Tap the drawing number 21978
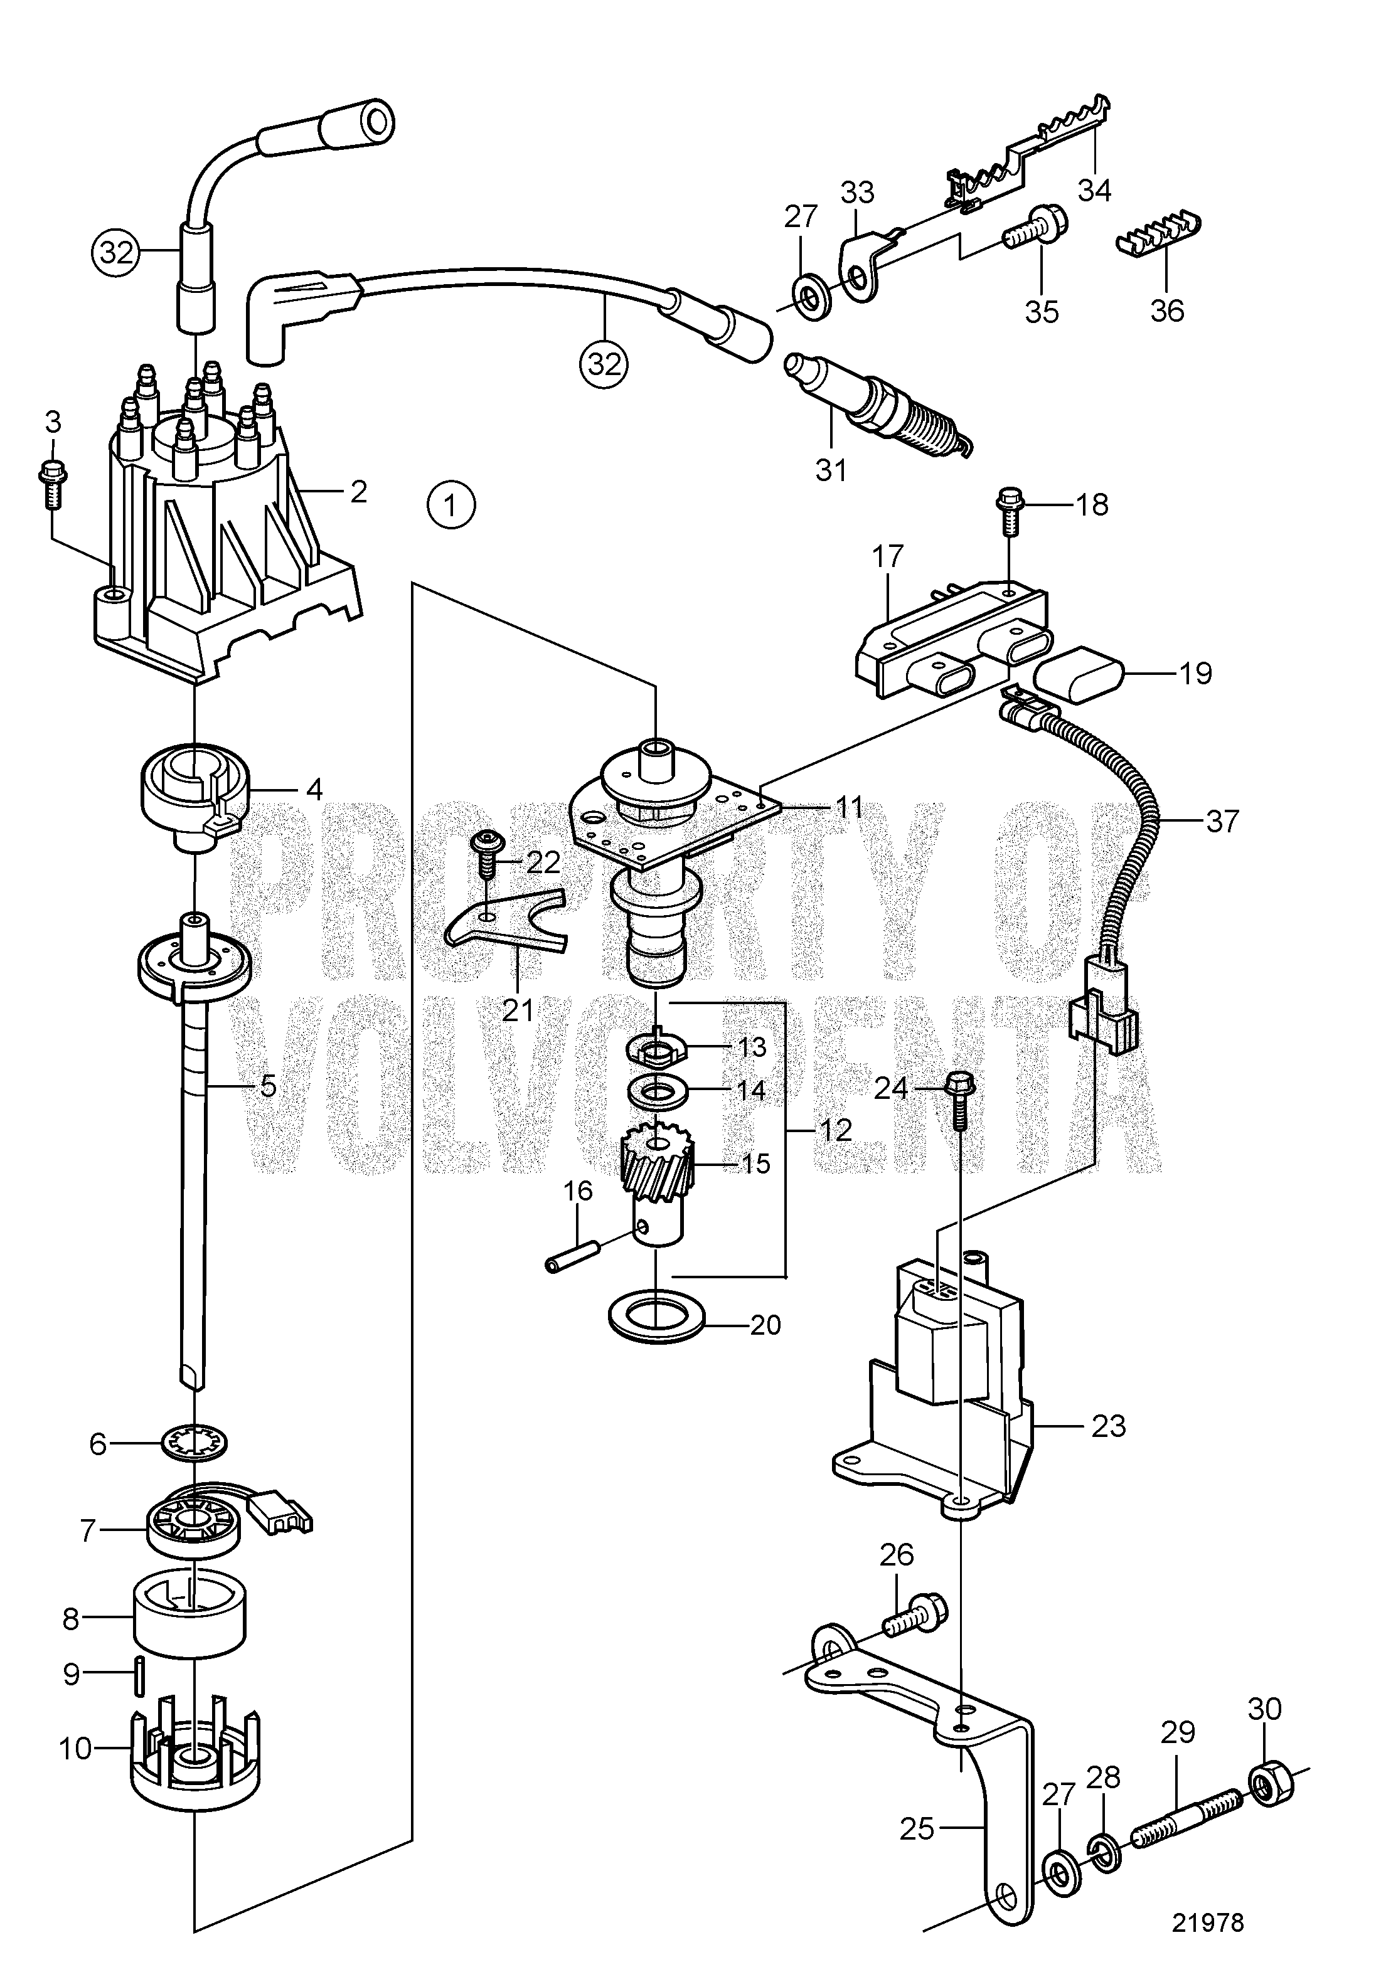click(1207, 1923)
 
